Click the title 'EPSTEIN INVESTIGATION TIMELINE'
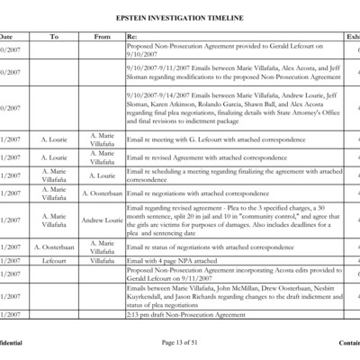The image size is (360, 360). [180, 16]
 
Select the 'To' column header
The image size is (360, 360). [54, 36]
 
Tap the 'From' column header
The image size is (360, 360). [103, 36]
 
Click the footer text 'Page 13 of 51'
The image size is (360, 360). [181, 343]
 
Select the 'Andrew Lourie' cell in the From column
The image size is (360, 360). [103, 220]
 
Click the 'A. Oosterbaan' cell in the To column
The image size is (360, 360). [54, 247]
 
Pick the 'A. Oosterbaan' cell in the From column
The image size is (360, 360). [103, 193]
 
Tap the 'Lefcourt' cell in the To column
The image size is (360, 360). [54, 260]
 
